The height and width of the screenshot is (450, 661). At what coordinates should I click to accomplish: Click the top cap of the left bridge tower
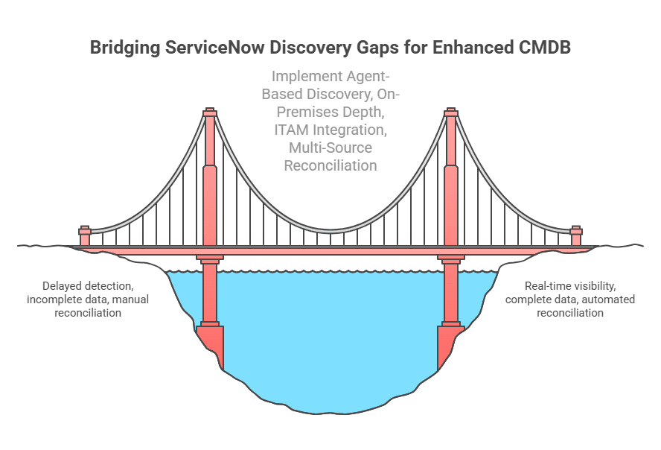tap(210, 113)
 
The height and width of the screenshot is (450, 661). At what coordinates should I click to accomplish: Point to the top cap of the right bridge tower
tap(450, 113)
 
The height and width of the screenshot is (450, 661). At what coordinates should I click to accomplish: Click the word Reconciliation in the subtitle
tap(330, 165)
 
